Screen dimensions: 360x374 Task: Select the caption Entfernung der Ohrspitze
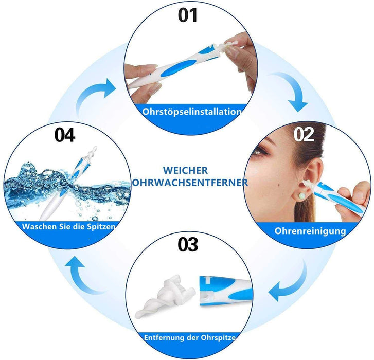tap(190, 338)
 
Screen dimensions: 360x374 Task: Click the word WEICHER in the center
tap(186, 170)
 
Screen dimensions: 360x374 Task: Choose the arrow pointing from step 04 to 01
tap(95, 93)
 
